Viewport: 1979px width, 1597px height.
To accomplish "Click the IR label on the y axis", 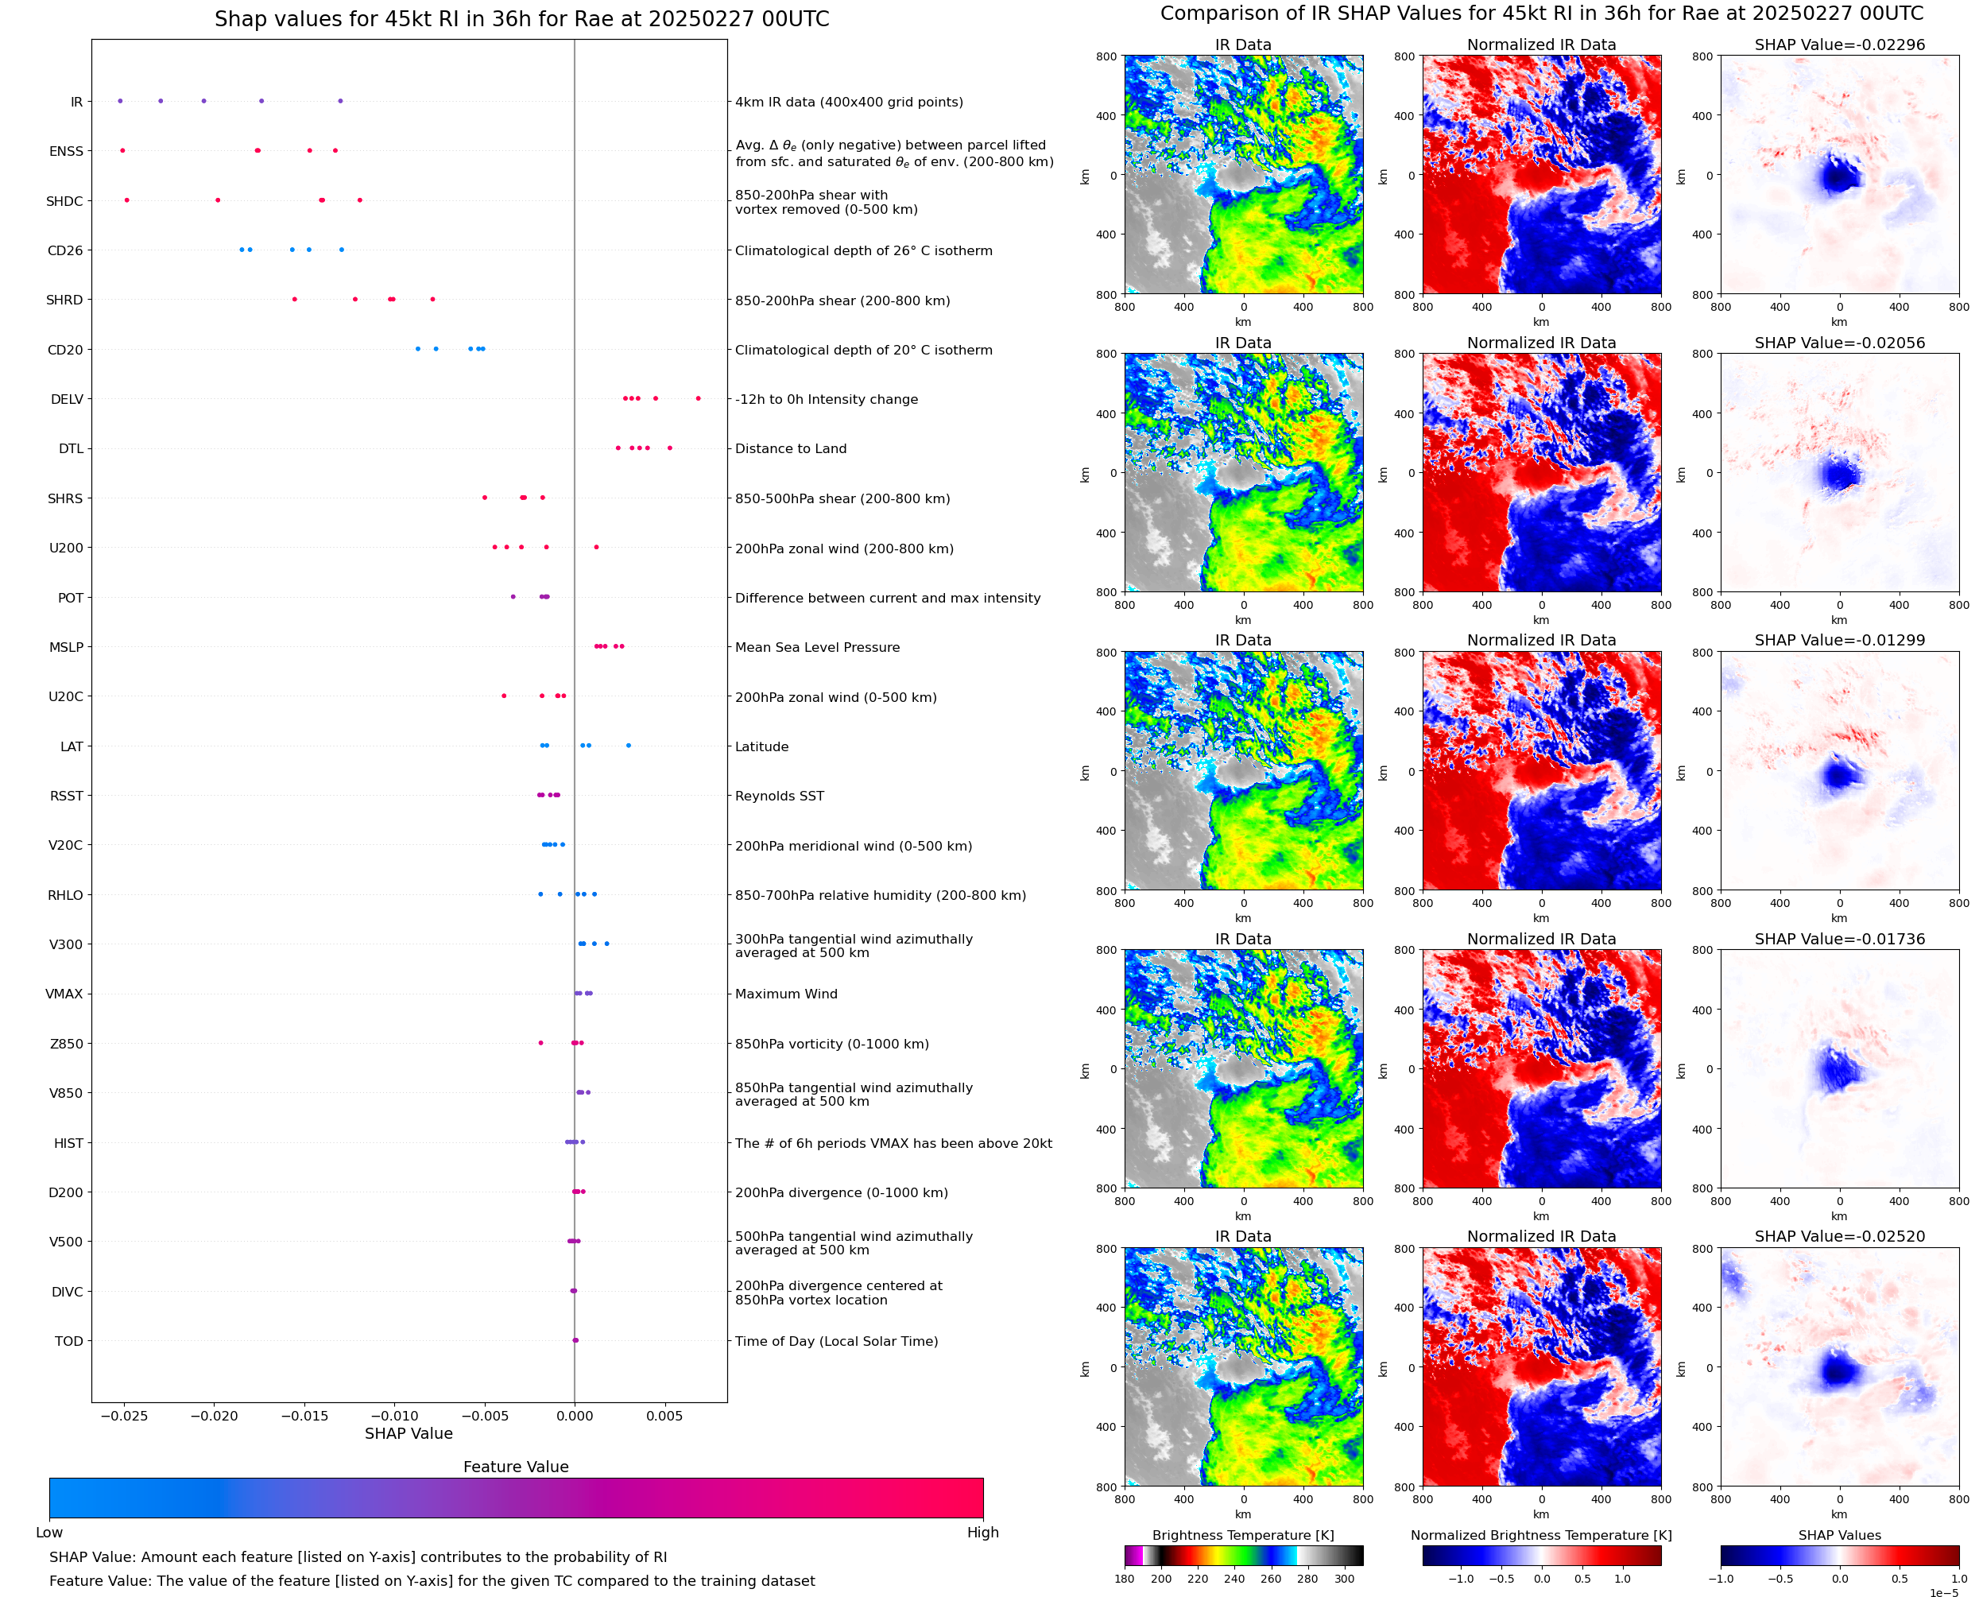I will coord(76,102).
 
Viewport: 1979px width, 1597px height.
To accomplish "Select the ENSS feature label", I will coord(66,152).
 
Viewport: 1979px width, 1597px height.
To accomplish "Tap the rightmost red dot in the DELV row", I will coord(698,398).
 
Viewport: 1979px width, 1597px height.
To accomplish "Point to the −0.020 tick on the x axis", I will coord(215,1416).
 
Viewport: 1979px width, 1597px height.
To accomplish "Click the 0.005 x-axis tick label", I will coord(664,1416).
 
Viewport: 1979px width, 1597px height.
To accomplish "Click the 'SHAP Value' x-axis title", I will coord(409,1434).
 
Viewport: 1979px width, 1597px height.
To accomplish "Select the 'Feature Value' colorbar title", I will coord(516,1467).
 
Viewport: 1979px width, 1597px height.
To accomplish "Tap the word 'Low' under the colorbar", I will coord(49,1533).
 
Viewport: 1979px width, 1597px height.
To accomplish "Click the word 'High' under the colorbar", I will coord(982,1533).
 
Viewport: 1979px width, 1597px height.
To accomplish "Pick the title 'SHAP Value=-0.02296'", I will coord(1839,45).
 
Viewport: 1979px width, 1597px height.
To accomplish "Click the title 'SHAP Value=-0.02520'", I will coord(1839,1236).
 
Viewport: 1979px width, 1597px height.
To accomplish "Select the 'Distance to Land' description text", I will coord(791,449).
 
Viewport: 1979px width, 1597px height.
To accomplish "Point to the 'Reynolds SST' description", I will coord(780,797).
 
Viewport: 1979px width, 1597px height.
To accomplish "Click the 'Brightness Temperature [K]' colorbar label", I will coord(1242,1535).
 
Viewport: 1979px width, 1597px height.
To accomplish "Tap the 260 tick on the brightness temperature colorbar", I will coord(1271,1579).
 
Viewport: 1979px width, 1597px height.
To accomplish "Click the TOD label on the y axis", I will coord(69,1341).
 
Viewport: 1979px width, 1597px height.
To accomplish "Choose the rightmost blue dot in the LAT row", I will coord(628,745).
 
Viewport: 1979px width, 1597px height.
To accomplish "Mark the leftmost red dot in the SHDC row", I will coord(127,200).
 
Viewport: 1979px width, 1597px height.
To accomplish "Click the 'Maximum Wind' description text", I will coord(786,994).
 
